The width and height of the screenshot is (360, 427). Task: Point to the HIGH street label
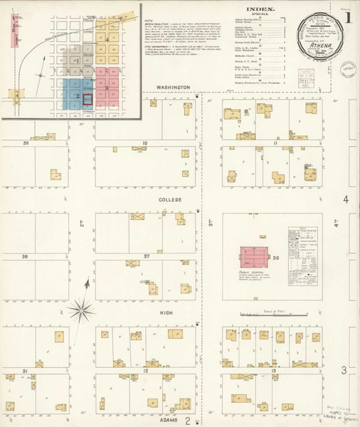169,311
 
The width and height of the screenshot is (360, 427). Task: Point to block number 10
144,144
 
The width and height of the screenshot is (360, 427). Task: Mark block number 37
146,256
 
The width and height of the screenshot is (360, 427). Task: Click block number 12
144,371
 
